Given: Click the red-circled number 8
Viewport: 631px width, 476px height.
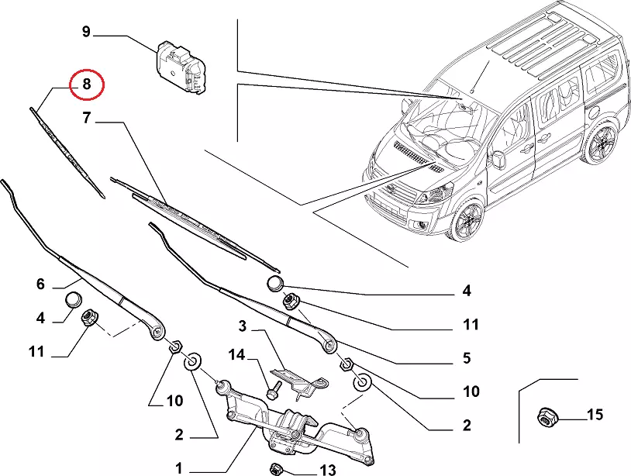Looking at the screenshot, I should [x=87, y=85].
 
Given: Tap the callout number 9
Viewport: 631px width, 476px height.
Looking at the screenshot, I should [x=87, y=33].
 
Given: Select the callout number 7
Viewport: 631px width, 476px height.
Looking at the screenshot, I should [x=87, y=119].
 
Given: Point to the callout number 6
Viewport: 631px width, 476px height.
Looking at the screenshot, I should [x=40, y=284].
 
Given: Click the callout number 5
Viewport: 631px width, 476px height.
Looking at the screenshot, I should [x=467, y=358].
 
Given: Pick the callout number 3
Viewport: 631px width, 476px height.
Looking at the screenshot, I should [x=242, y=326].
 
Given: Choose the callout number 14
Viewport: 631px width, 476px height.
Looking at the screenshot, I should [x=236, y=355].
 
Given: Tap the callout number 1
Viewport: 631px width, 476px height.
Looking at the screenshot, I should [x=179, y=468].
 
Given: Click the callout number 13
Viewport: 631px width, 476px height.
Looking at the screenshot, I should [x=327, y=469].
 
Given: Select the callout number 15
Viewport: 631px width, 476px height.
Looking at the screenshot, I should [x=595, y=415].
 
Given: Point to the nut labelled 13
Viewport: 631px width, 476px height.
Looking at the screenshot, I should [x=274, y=467].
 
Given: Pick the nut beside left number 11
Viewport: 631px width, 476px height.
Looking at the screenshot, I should [x=89, y=317].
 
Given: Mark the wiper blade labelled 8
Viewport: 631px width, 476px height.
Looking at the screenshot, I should [x=67, y=150].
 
